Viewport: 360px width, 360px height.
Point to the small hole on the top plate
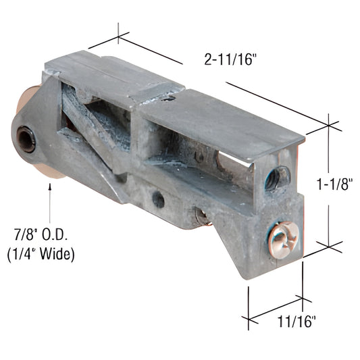click(x=170, y=97)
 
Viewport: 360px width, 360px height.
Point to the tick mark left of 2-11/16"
click(x=119, y=33)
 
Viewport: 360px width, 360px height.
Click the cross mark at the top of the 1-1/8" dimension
click(x=330, y=124)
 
